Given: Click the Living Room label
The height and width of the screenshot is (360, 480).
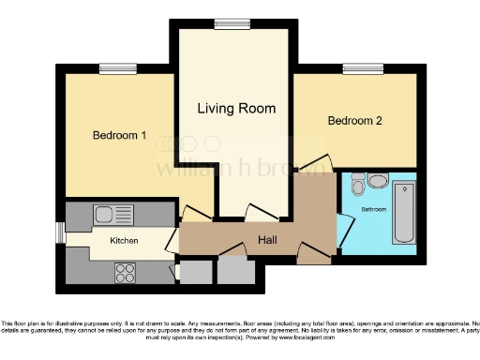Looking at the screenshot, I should pyautogui.click(x=236, y=109).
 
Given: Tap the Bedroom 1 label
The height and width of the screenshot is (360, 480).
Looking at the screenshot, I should pyautogui.click(x=119, y=135).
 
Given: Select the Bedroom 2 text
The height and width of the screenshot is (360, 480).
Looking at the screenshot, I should pyautogui.click(x=354, y=121).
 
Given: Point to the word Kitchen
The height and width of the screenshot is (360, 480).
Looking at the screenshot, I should pyautogui.click(x=125, y=241).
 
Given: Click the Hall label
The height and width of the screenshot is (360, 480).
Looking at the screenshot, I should pyautogui.click(x=267, y=240).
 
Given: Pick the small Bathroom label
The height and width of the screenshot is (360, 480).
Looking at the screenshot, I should pyautogui.click(x=374, y=209).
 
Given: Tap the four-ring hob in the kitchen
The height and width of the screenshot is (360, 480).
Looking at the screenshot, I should pyautogui.click(x=125, y=273).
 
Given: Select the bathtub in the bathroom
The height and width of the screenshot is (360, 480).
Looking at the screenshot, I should pyautogui.click(x=405, y=212).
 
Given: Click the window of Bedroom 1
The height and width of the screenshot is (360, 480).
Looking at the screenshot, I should pyautogui.click(x=116, y=67).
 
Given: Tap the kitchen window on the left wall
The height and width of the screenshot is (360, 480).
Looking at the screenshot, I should pyautogui.click(x=60, y=232).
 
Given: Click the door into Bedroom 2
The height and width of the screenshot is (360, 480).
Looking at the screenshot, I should pyautogui.click(x=317, y=165).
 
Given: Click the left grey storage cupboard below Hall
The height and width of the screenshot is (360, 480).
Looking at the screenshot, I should pyautogui.click(x=196, y=272).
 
